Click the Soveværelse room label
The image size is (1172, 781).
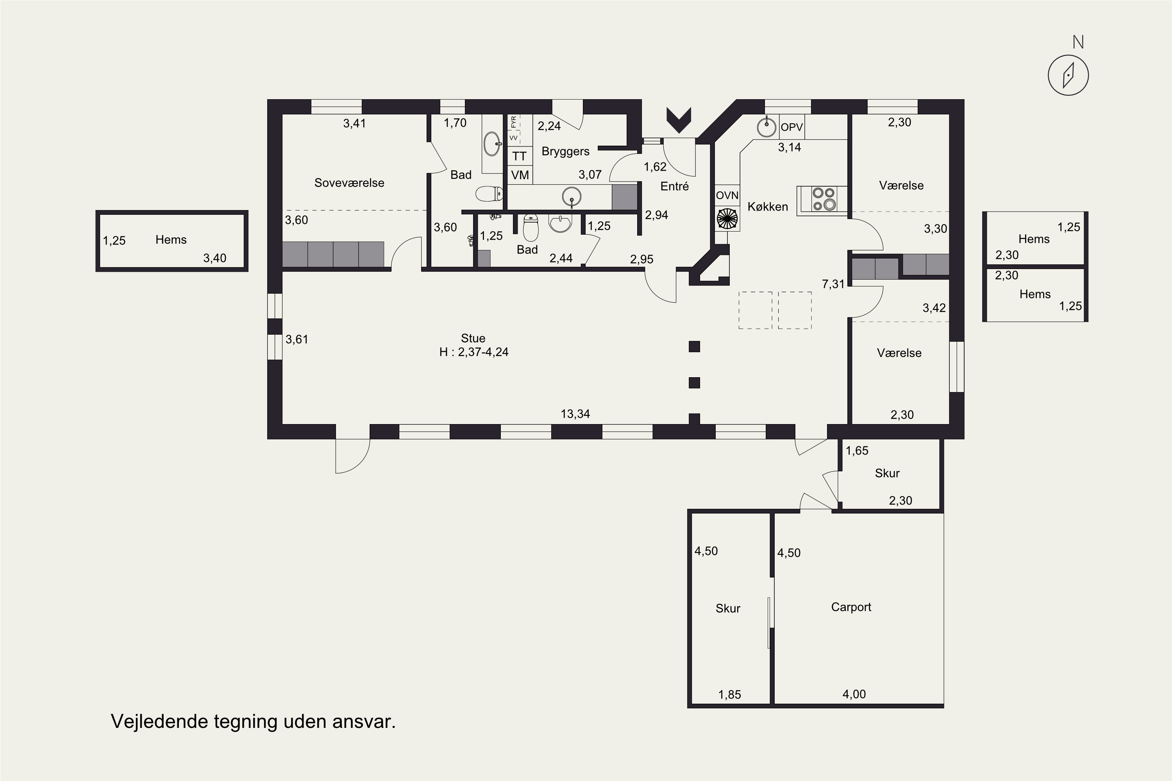tap(349, 183)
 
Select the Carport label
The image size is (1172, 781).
tap(851, 607)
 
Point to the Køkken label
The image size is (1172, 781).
tap(768, 207)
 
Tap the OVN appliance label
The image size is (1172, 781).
tap(727, 195)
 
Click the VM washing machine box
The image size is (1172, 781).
tap(520, 175)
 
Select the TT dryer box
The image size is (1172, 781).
tap(520, 156)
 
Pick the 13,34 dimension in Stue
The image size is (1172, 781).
tap(575, 414)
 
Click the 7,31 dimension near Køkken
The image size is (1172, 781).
tap(833, 284)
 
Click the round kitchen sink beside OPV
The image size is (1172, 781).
tap(766, 127)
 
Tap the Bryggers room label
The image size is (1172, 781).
tap(566, 152)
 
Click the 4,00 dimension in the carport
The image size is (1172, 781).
tap(854, 694)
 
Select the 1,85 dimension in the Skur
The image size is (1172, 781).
tap(729, 695)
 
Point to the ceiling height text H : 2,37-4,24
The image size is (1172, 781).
tap(474, 352)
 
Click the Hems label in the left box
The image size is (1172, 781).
tap(171, 240)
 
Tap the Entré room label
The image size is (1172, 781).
tap(675, 186)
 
